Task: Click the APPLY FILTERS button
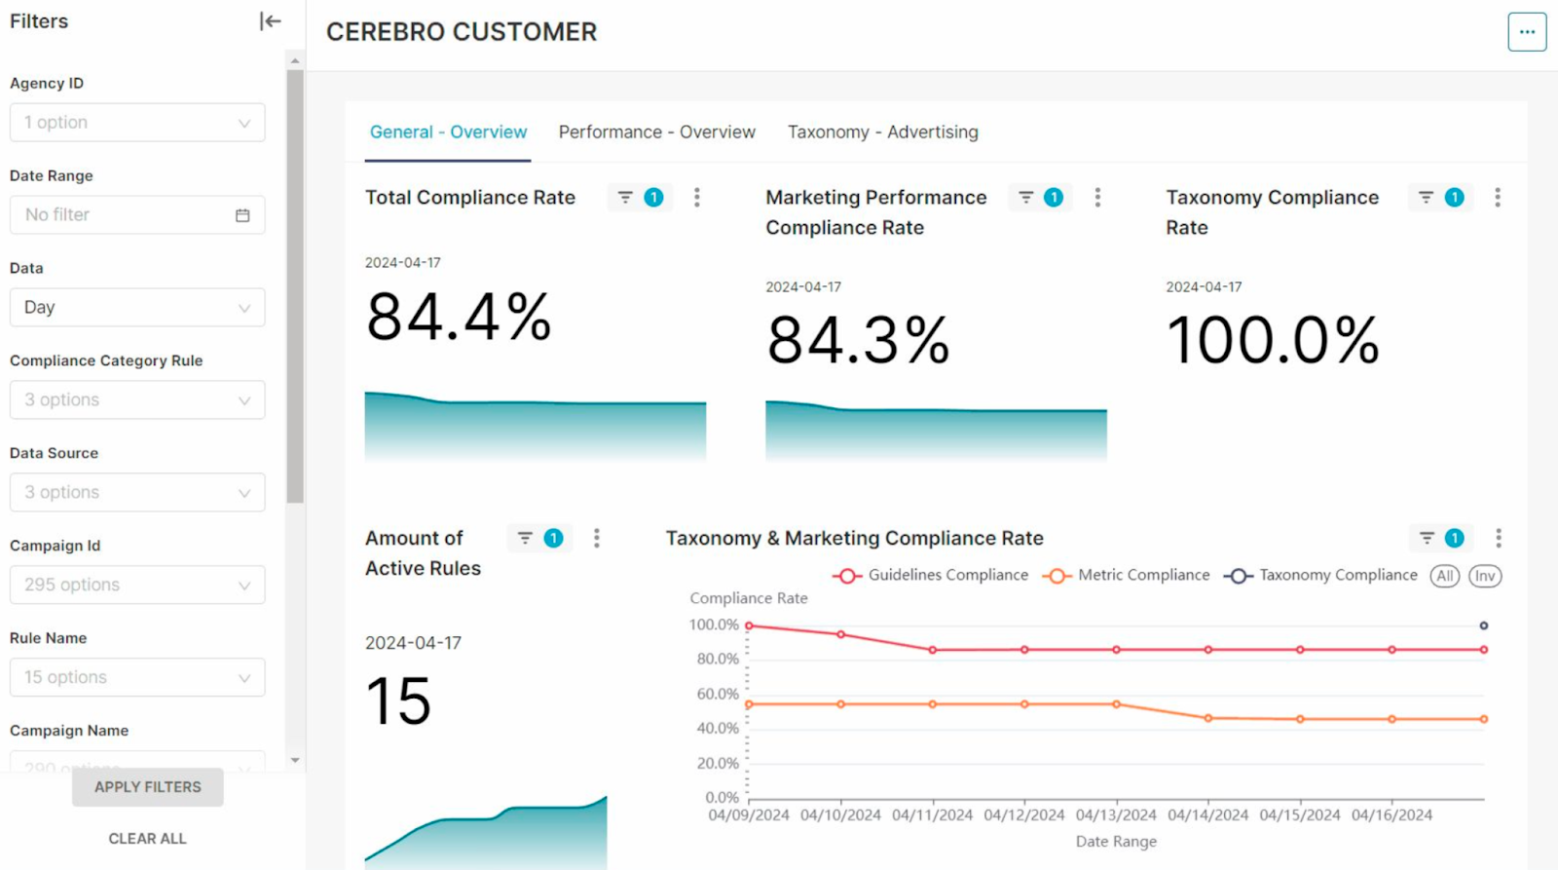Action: pyautogui.click(x=148, y=786)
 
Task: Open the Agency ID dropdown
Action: pyautogui.click(x=137, y=123)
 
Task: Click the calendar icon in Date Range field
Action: pyautogui.click(x=242, y=215)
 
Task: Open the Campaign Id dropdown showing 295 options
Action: pyautogui.click(x=137, y=585)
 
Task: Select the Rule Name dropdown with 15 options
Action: pyautogui.click(x=137, y=677)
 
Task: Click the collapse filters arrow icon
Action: pyautogui.click(x=270, y=21)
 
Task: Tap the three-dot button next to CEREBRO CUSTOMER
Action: pyautogui.click(x=1526, y=32)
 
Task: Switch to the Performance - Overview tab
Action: pyautogui.click(x=656, y=132)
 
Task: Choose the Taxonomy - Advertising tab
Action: pyautogui.click(x=882, y=132)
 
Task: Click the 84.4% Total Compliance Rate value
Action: pyautogui.click(x=459, y=318)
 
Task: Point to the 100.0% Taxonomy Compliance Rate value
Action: pyautogui.click(x=1273, y=341)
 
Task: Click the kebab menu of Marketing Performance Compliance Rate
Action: pyautogui.click(x=1097, y=198)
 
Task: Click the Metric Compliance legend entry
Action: pyautogui.click(x=1127, y=576)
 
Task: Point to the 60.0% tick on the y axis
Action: pyautogui.click(x=718, y=694)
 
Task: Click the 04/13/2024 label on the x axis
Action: pyautogui.click(x=1116, y=815)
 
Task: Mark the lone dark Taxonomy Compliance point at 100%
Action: pyautogui.click(x=1483, y=625)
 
